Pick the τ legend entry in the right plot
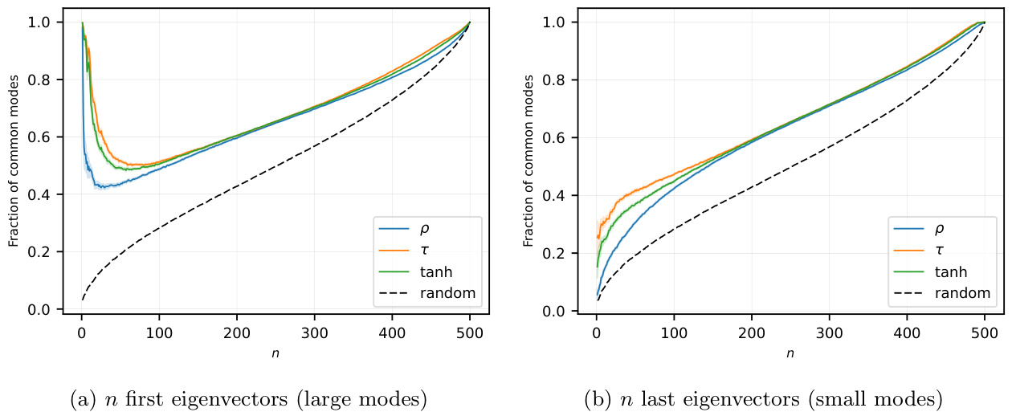click(940, 251)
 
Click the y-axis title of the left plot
click(14, 165)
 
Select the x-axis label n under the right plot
click(790, 353)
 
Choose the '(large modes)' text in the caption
click(373, 398)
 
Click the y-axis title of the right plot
click(528, 165)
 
